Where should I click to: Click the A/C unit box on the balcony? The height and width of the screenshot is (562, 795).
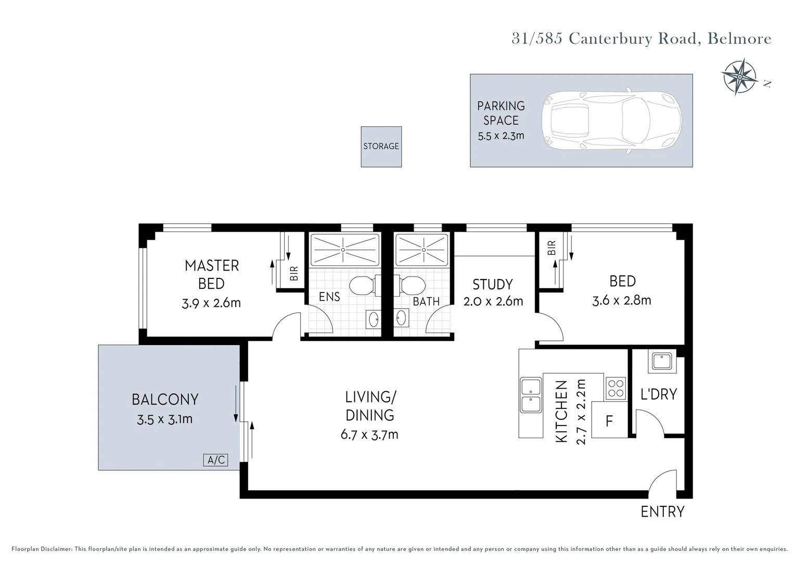(x=215, y=460)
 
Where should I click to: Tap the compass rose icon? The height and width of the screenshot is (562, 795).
(x=739, y=76)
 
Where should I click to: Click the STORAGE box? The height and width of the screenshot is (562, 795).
(x=381, y=146)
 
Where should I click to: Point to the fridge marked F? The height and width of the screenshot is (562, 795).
(x=609, y=420)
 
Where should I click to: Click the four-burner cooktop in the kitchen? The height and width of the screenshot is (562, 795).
(x=616, y=387)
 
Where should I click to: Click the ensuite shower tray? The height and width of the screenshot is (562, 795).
(x=344, y=250)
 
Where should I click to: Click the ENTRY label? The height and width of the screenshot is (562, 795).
(x=662, y=512)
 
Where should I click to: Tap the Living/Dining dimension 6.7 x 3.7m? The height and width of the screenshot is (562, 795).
(x=369, y=435)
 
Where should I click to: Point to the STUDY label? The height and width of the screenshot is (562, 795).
(x=493, y=285)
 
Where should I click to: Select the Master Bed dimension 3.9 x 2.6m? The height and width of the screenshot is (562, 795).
(x=211, y=303)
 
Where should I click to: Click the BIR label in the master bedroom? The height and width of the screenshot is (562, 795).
(x=294, y=273)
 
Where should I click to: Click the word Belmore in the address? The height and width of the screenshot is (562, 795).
(x=739, y=39)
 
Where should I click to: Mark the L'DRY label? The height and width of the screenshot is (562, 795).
(x=659, y=394)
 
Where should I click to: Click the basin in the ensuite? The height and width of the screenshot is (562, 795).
(x=374, y=319)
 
